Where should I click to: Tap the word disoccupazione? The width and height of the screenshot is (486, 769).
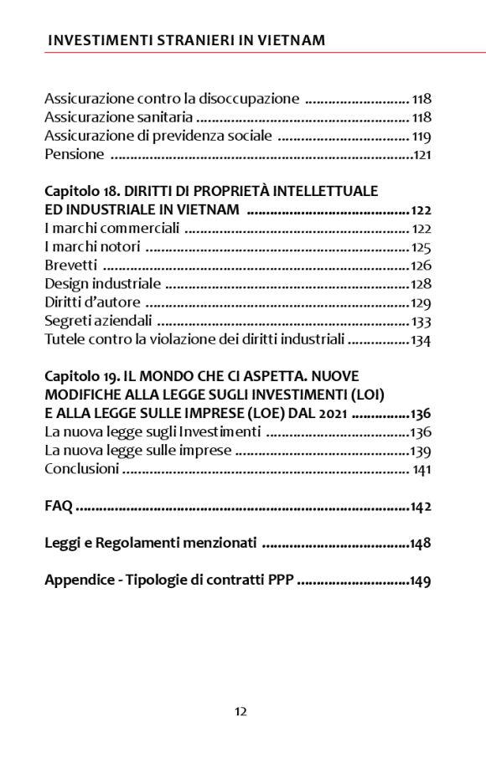click(251, 99)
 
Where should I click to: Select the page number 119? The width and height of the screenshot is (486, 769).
click(421, 136)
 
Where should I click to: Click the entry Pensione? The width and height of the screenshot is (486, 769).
click(75, 154)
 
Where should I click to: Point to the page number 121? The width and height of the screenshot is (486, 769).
click(422, 154)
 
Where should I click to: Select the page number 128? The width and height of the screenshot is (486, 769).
click(421, 283)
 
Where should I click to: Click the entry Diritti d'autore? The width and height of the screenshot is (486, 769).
click(92, 302)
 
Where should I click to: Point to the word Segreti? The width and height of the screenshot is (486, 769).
click(67, 320)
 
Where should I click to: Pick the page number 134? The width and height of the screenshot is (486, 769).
click(421, 338)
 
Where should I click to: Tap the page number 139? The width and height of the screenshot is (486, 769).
click(421, 451)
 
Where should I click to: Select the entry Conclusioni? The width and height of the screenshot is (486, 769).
click(81, 469)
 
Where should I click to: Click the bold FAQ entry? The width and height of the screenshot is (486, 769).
click(59, 506)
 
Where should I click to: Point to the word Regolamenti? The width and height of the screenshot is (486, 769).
click(137, 543)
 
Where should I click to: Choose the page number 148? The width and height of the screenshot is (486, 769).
click(421, 543)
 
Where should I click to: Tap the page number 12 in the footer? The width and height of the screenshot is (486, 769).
click(240, 712)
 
